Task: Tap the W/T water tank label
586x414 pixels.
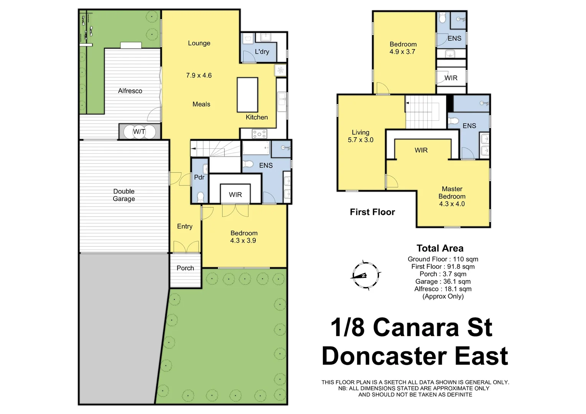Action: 139,132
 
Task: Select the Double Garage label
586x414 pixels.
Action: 124,195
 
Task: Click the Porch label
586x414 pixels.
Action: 185,268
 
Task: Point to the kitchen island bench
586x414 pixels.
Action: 247,94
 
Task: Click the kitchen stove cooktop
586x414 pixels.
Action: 259,134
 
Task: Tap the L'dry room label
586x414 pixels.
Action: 262,52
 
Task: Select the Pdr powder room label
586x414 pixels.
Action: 199,177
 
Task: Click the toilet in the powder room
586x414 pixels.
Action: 200,197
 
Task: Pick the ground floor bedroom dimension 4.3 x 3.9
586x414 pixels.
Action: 243,241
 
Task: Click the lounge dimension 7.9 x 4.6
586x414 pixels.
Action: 199,76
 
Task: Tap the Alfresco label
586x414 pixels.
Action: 130,91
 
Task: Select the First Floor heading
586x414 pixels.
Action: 372,212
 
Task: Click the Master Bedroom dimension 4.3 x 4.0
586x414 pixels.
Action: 452,204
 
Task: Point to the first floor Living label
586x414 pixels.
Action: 360,132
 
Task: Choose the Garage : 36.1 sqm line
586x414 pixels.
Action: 443,281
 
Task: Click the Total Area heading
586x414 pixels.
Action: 440,248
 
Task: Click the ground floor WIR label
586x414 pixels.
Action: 235,195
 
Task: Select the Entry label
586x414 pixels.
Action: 184,227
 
